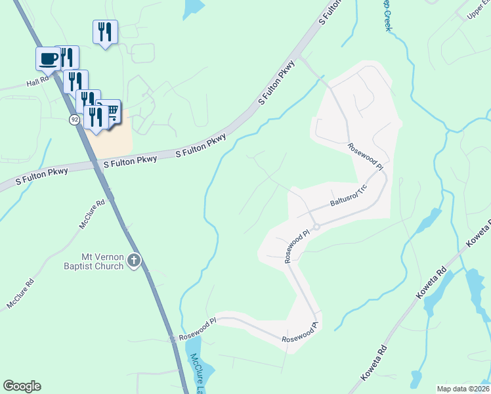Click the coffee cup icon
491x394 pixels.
[48, 58]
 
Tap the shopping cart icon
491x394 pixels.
[110, 112]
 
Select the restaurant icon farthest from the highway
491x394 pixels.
[105, 32]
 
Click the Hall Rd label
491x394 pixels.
[37, 83]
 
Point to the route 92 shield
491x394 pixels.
[74, 120]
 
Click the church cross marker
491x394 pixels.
[133, 261]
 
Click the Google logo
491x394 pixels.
[22, 386]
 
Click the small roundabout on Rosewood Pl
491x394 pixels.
[316, 227]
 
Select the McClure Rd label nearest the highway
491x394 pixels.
[92, 215]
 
